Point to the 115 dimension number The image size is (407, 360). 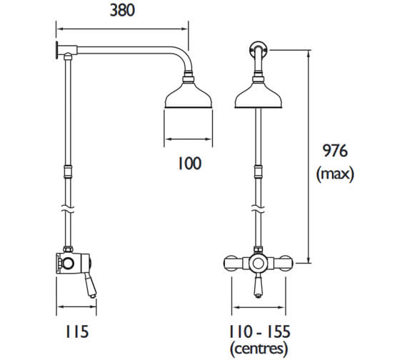[76, 331]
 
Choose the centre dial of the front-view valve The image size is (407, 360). [256, 263]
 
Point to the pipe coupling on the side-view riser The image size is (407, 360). [68, 171]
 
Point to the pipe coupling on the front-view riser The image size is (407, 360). [256, 171]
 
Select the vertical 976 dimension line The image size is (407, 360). [308, 157]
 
